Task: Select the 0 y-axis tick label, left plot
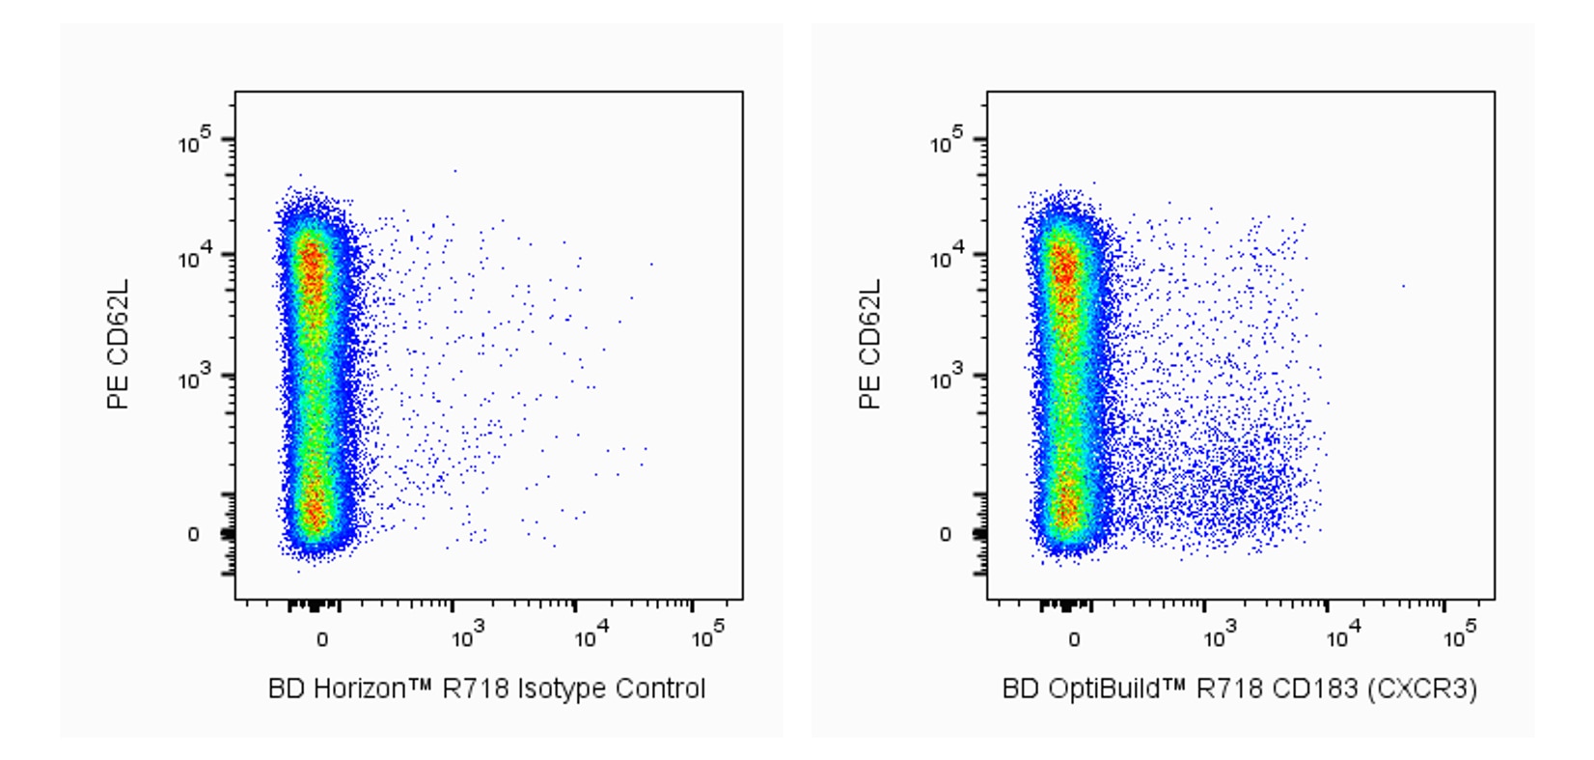(x=193, y=534)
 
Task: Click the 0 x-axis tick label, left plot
(x=322, y=639)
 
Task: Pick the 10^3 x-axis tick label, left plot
(x=469, y=636)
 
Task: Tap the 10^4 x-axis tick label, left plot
(x=591, y=636)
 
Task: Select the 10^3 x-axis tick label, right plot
(x=1221, y=636)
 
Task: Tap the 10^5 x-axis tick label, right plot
(x=1459, y=636)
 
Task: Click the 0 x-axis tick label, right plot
(x=1074, y=639)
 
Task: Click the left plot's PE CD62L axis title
(x=118, y=345)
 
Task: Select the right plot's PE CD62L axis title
(x=869, y=345)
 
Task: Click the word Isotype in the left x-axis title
(x=563, y=689)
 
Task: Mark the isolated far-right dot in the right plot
(x=1403, y=286)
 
